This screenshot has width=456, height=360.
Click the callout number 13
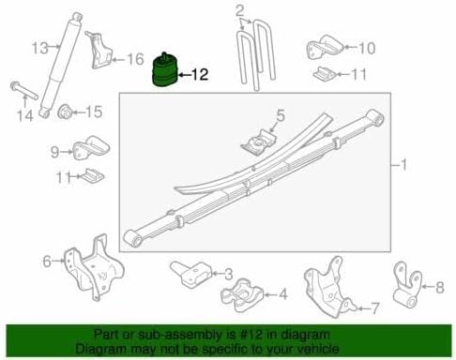pyautogui.click(x=38, y=47)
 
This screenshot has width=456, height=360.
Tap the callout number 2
pyautogui.click(x=239, y=11)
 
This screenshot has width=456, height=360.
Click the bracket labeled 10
pyautogui.click(x=321, y=50)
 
